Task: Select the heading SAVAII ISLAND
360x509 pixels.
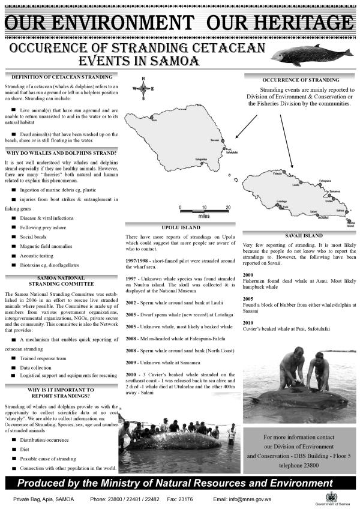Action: point(300,235)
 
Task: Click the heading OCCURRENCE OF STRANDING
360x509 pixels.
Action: point(300,79)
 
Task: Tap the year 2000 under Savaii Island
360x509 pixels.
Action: point(248,274)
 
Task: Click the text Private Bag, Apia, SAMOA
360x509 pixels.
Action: point(42,499)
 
